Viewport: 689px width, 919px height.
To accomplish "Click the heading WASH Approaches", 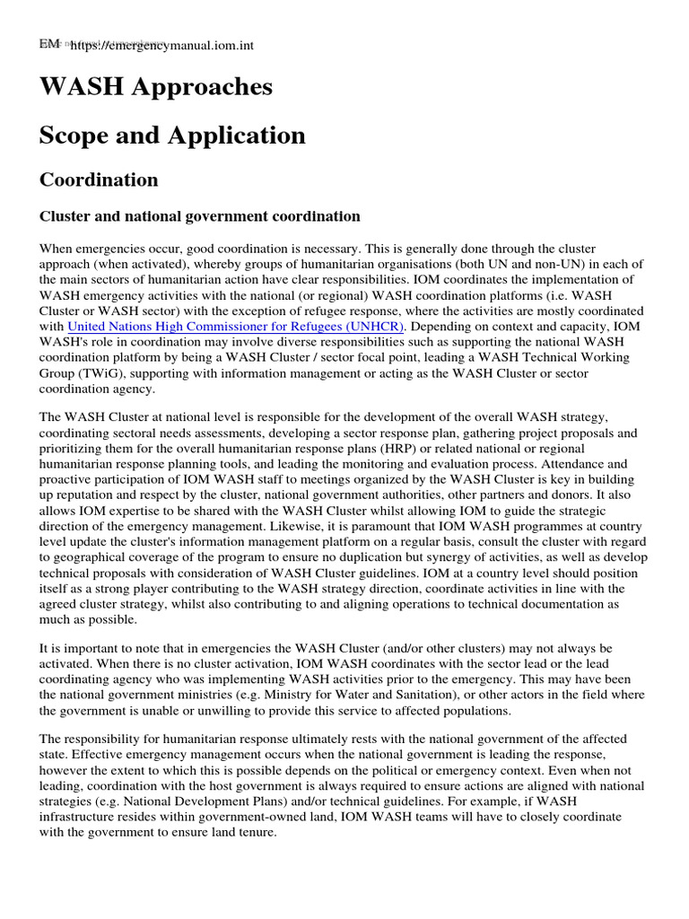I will click(155, 87).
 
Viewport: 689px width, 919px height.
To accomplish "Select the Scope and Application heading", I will click(172, 136).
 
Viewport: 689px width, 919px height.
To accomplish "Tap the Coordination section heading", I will click(99, 179).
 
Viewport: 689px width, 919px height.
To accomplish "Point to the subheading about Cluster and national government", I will click(199, 216).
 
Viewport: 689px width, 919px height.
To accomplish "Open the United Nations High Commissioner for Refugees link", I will click(236, 325).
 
